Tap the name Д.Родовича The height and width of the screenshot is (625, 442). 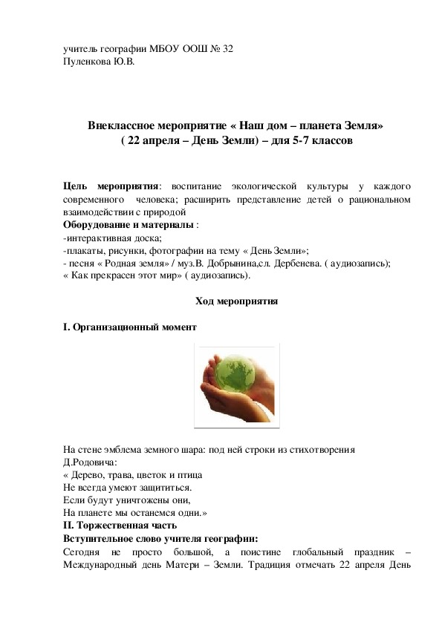[88, 461]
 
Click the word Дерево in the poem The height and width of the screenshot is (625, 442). [89, 474]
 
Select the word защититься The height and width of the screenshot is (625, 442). [165, 488]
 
